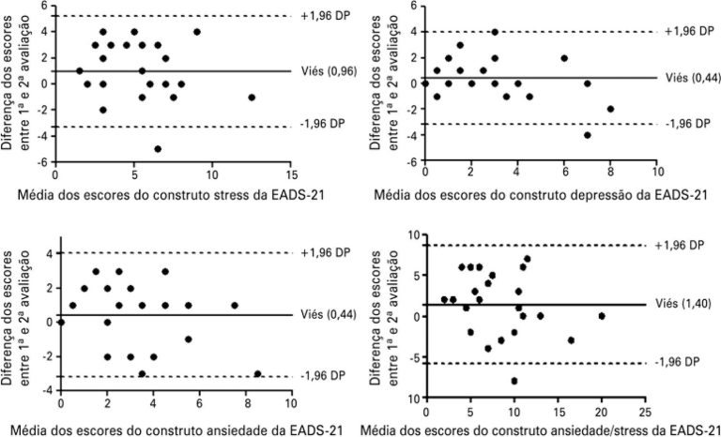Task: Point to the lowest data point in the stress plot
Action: tap(158, 149)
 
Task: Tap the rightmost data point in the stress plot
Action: tap(251, 97)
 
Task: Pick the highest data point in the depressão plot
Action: tap(495, 32)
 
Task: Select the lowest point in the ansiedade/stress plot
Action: tap(514, 381)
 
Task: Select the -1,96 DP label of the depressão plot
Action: tap(689, 124)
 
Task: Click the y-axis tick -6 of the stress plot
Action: tap(44, 162)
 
